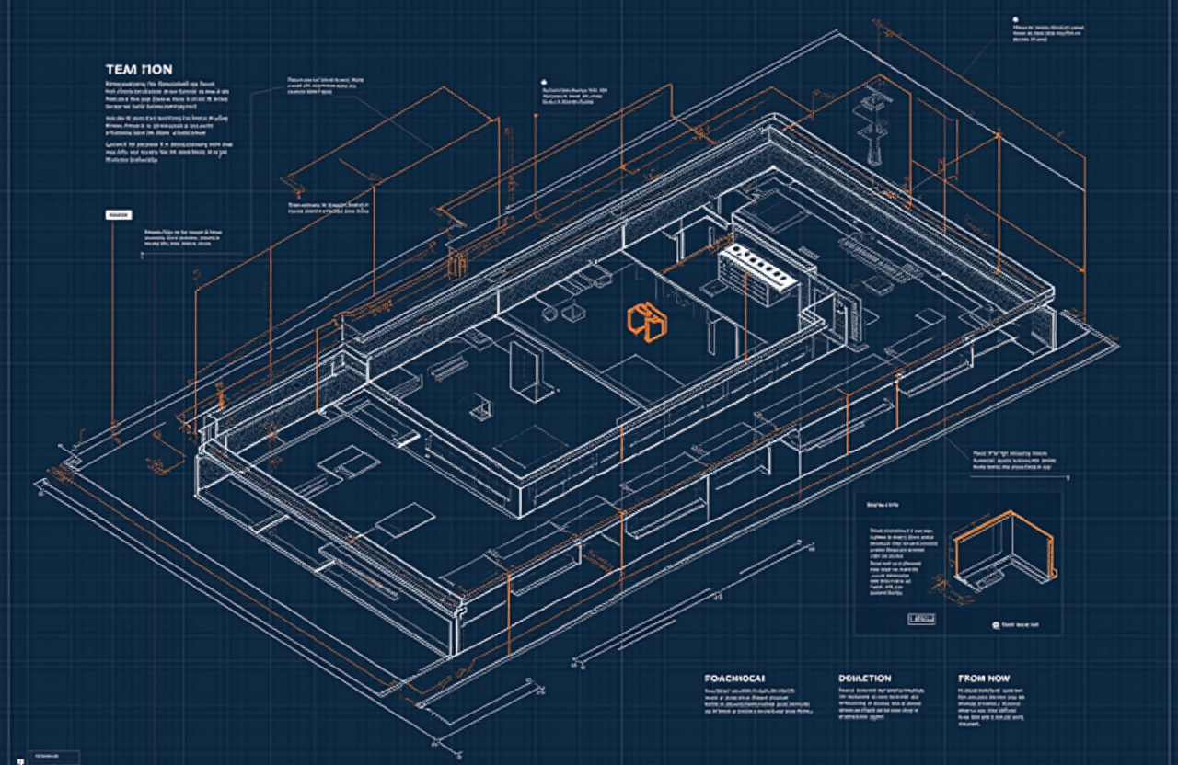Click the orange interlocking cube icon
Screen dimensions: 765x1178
[x=645, y=319]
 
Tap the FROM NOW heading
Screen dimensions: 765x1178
[x=983, y=679]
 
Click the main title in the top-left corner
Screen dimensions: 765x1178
[x=138, y=70]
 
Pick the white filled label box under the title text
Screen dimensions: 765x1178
[x=119, y=215]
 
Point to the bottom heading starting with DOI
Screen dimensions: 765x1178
[x=864, y=679]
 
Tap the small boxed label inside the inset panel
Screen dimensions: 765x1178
[x=920, y=619]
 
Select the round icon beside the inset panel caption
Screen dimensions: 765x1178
[x=995, y=624]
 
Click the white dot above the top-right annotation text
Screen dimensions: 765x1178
[x=1015, y=18]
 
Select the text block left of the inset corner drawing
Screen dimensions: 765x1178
[x=903, y=556]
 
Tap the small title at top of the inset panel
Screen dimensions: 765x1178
[x=883, y=505]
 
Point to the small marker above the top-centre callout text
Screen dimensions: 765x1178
[x=545, y=80]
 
